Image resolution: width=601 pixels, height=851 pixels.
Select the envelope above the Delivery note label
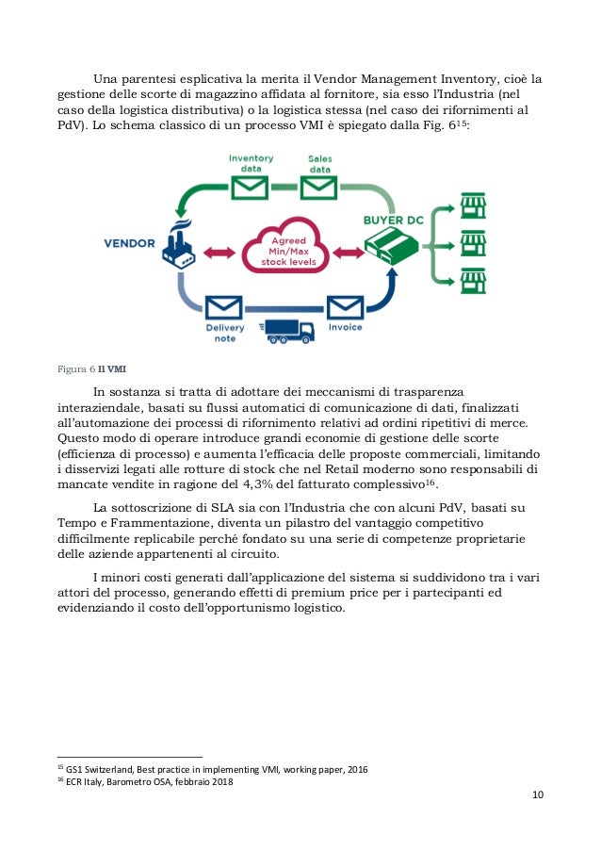click(224, 307)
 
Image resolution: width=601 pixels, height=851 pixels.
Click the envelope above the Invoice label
click(344, 307)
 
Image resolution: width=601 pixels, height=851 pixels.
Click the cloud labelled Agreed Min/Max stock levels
click(283, 249)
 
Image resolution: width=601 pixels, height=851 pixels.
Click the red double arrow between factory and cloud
click(219, 251)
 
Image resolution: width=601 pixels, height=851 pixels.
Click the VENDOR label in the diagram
click(129, 243)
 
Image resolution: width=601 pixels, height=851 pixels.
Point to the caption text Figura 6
click(74, 368)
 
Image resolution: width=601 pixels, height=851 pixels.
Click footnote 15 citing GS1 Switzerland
click(213, 770)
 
